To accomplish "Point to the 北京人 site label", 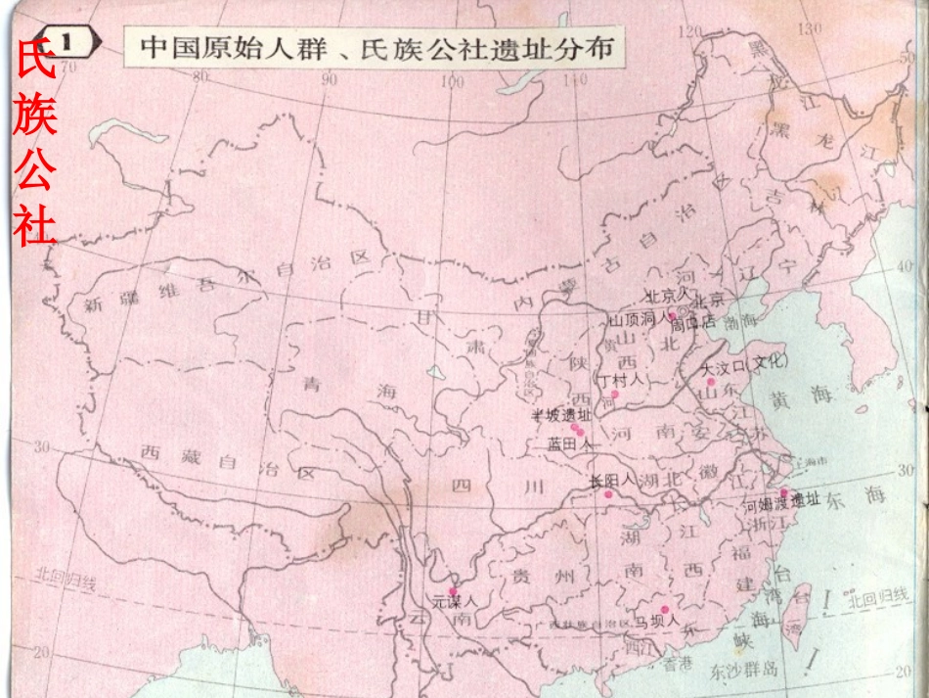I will [667, 295].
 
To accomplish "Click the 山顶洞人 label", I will [637, 320].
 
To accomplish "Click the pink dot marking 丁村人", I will [615, 395].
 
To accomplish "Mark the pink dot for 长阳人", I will [608, 495].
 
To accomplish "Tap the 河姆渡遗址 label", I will [781, 504].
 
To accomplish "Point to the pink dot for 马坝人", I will [664, 609].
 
